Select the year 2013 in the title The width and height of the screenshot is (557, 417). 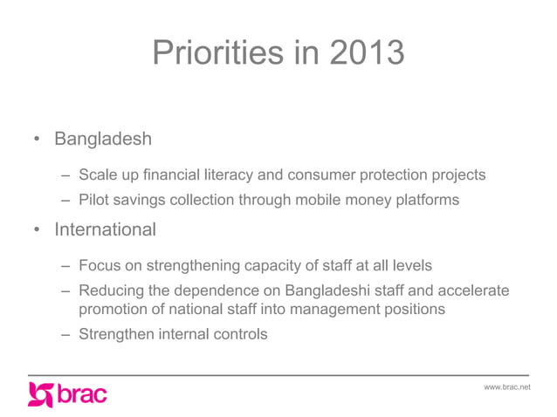pos(367,54)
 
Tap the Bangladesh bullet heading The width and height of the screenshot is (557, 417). pos(103,139)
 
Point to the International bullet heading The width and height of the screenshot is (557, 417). pos(106,230)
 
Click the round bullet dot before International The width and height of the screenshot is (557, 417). pos(37,231)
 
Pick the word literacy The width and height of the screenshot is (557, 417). pos(230,175)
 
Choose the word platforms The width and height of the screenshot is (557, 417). pos(423,200)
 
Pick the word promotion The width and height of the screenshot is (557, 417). pos(113,309)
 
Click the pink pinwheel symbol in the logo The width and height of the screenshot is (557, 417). pos(41,394)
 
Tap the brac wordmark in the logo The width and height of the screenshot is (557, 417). pos(82,394)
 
